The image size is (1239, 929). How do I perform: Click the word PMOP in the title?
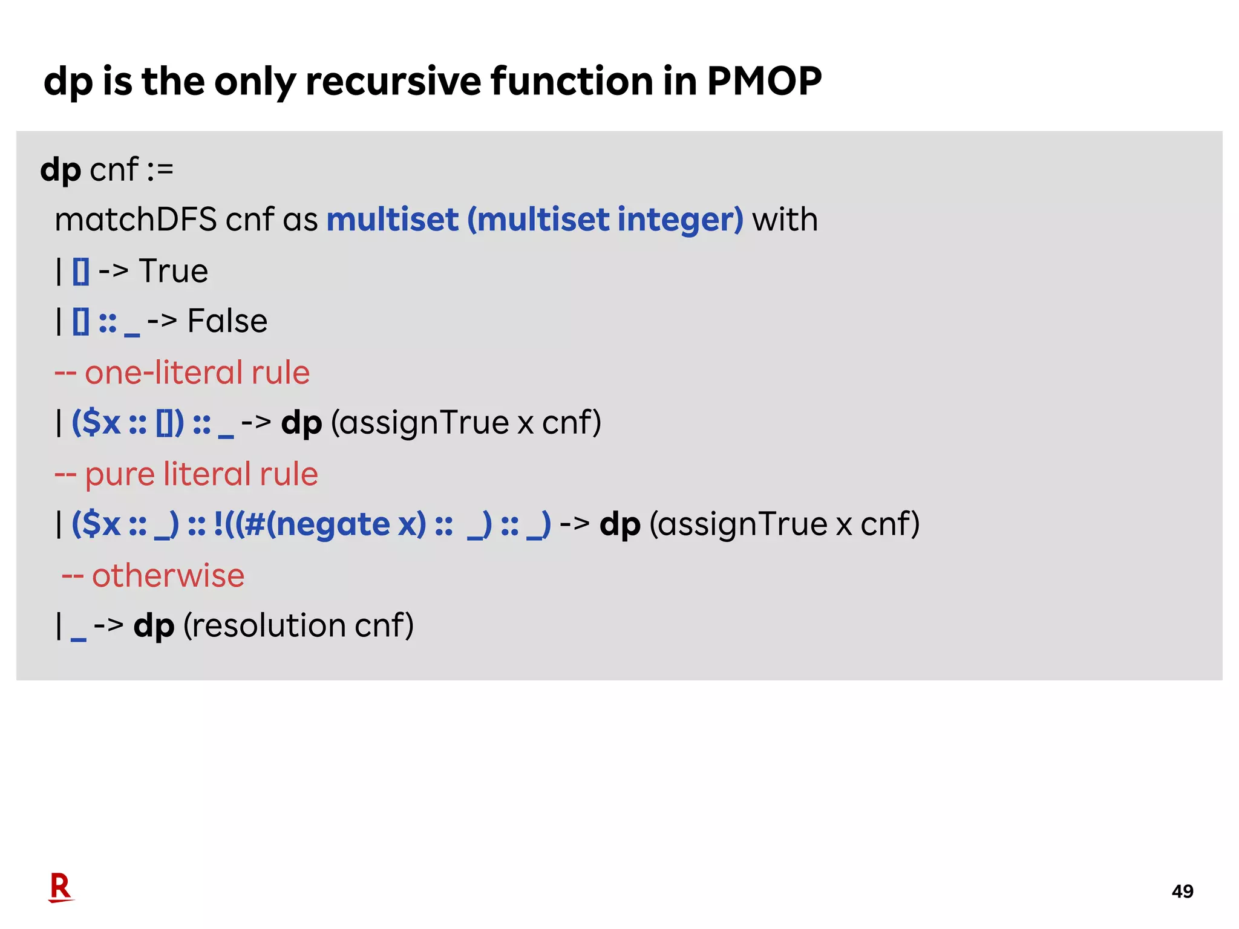point(764,81)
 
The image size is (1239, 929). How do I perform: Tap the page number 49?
point(1182,891)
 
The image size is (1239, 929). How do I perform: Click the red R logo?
point(60,888)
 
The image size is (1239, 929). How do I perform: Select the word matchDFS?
point(136,220)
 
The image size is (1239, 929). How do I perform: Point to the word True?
point(174,271)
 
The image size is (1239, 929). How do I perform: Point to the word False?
point(227,321)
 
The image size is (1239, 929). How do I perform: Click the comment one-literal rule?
point(197,373)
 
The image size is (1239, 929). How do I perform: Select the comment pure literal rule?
point(201,474)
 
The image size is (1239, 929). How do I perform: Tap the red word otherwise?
point(168,575)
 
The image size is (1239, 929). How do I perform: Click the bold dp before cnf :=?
point(60,170)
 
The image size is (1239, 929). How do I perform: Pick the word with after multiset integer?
point(785,220)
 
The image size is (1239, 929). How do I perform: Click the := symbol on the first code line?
point(160,170)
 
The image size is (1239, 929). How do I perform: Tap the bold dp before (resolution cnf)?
point(154,626)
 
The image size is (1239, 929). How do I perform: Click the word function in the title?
point(572,81)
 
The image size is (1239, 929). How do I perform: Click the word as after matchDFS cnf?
point(300,220)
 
